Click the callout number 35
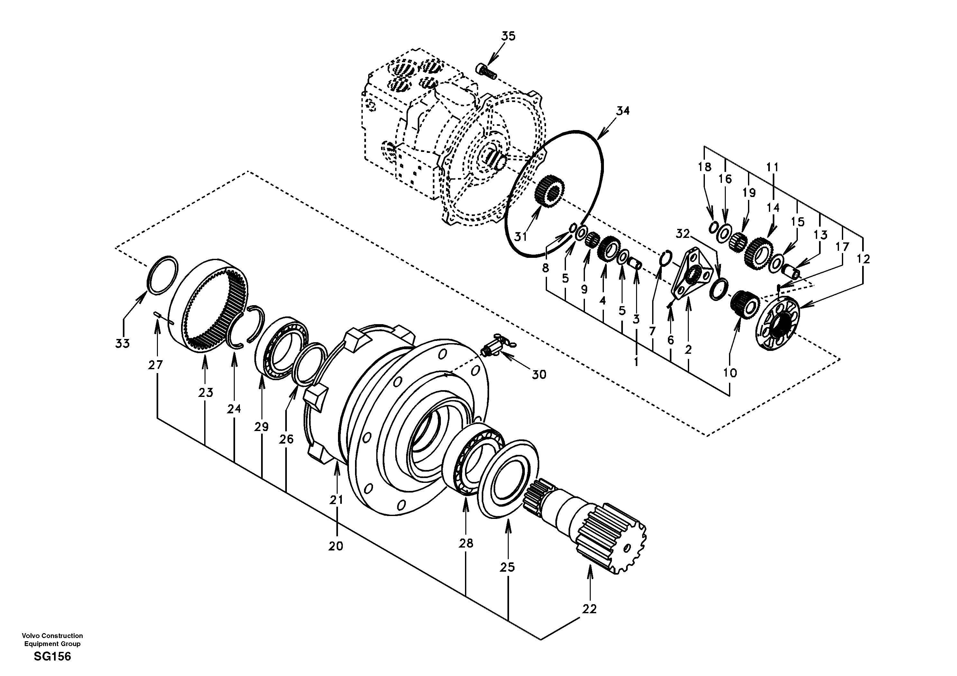[x=508, y=36]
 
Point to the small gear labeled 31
[x=549, y=190]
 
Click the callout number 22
[x=589, y=609]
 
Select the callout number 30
[x=539, y=375]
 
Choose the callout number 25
[x=507, y=568]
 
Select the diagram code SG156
[x=52, y=657]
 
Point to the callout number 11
[x=772, y=167]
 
